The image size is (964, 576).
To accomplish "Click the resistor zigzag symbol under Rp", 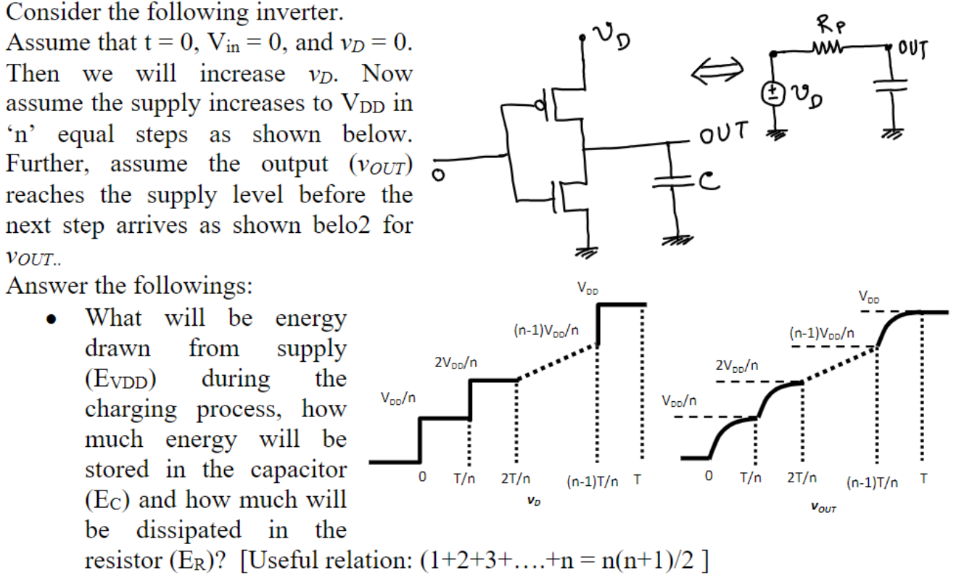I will [x=829, y=52].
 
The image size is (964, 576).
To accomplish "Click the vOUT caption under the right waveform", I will [x=824, y=509].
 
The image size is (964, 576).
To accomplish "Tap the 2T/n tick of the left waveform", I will [x=516, y=480].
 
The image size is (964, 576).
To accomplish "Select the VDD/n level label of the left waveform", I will [x=397, y=398].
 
